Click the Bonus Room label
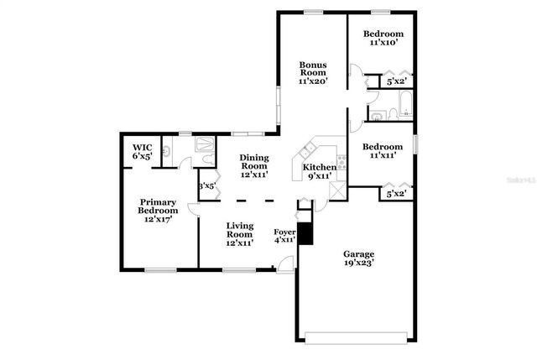tap(312, 73)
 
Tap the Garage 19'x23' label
tap(358, 258)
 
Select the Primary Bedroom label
tap(159, 211)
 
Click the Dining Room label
tap(253, 165)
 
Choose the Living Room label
tap(240, 233)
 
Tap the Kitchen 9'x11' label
tap(320, 172)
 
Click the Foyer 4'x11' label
tap(285, 236)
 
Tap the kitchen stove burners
tap(341, 159)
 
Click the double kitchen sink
tap(308, 153)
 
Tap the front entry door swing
tap(287, 265)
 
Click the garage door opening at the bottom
tap(357, 338)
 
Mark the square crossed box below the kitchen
tap(337, 190)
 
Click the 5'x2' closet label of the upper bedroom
tap(395, 82)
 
